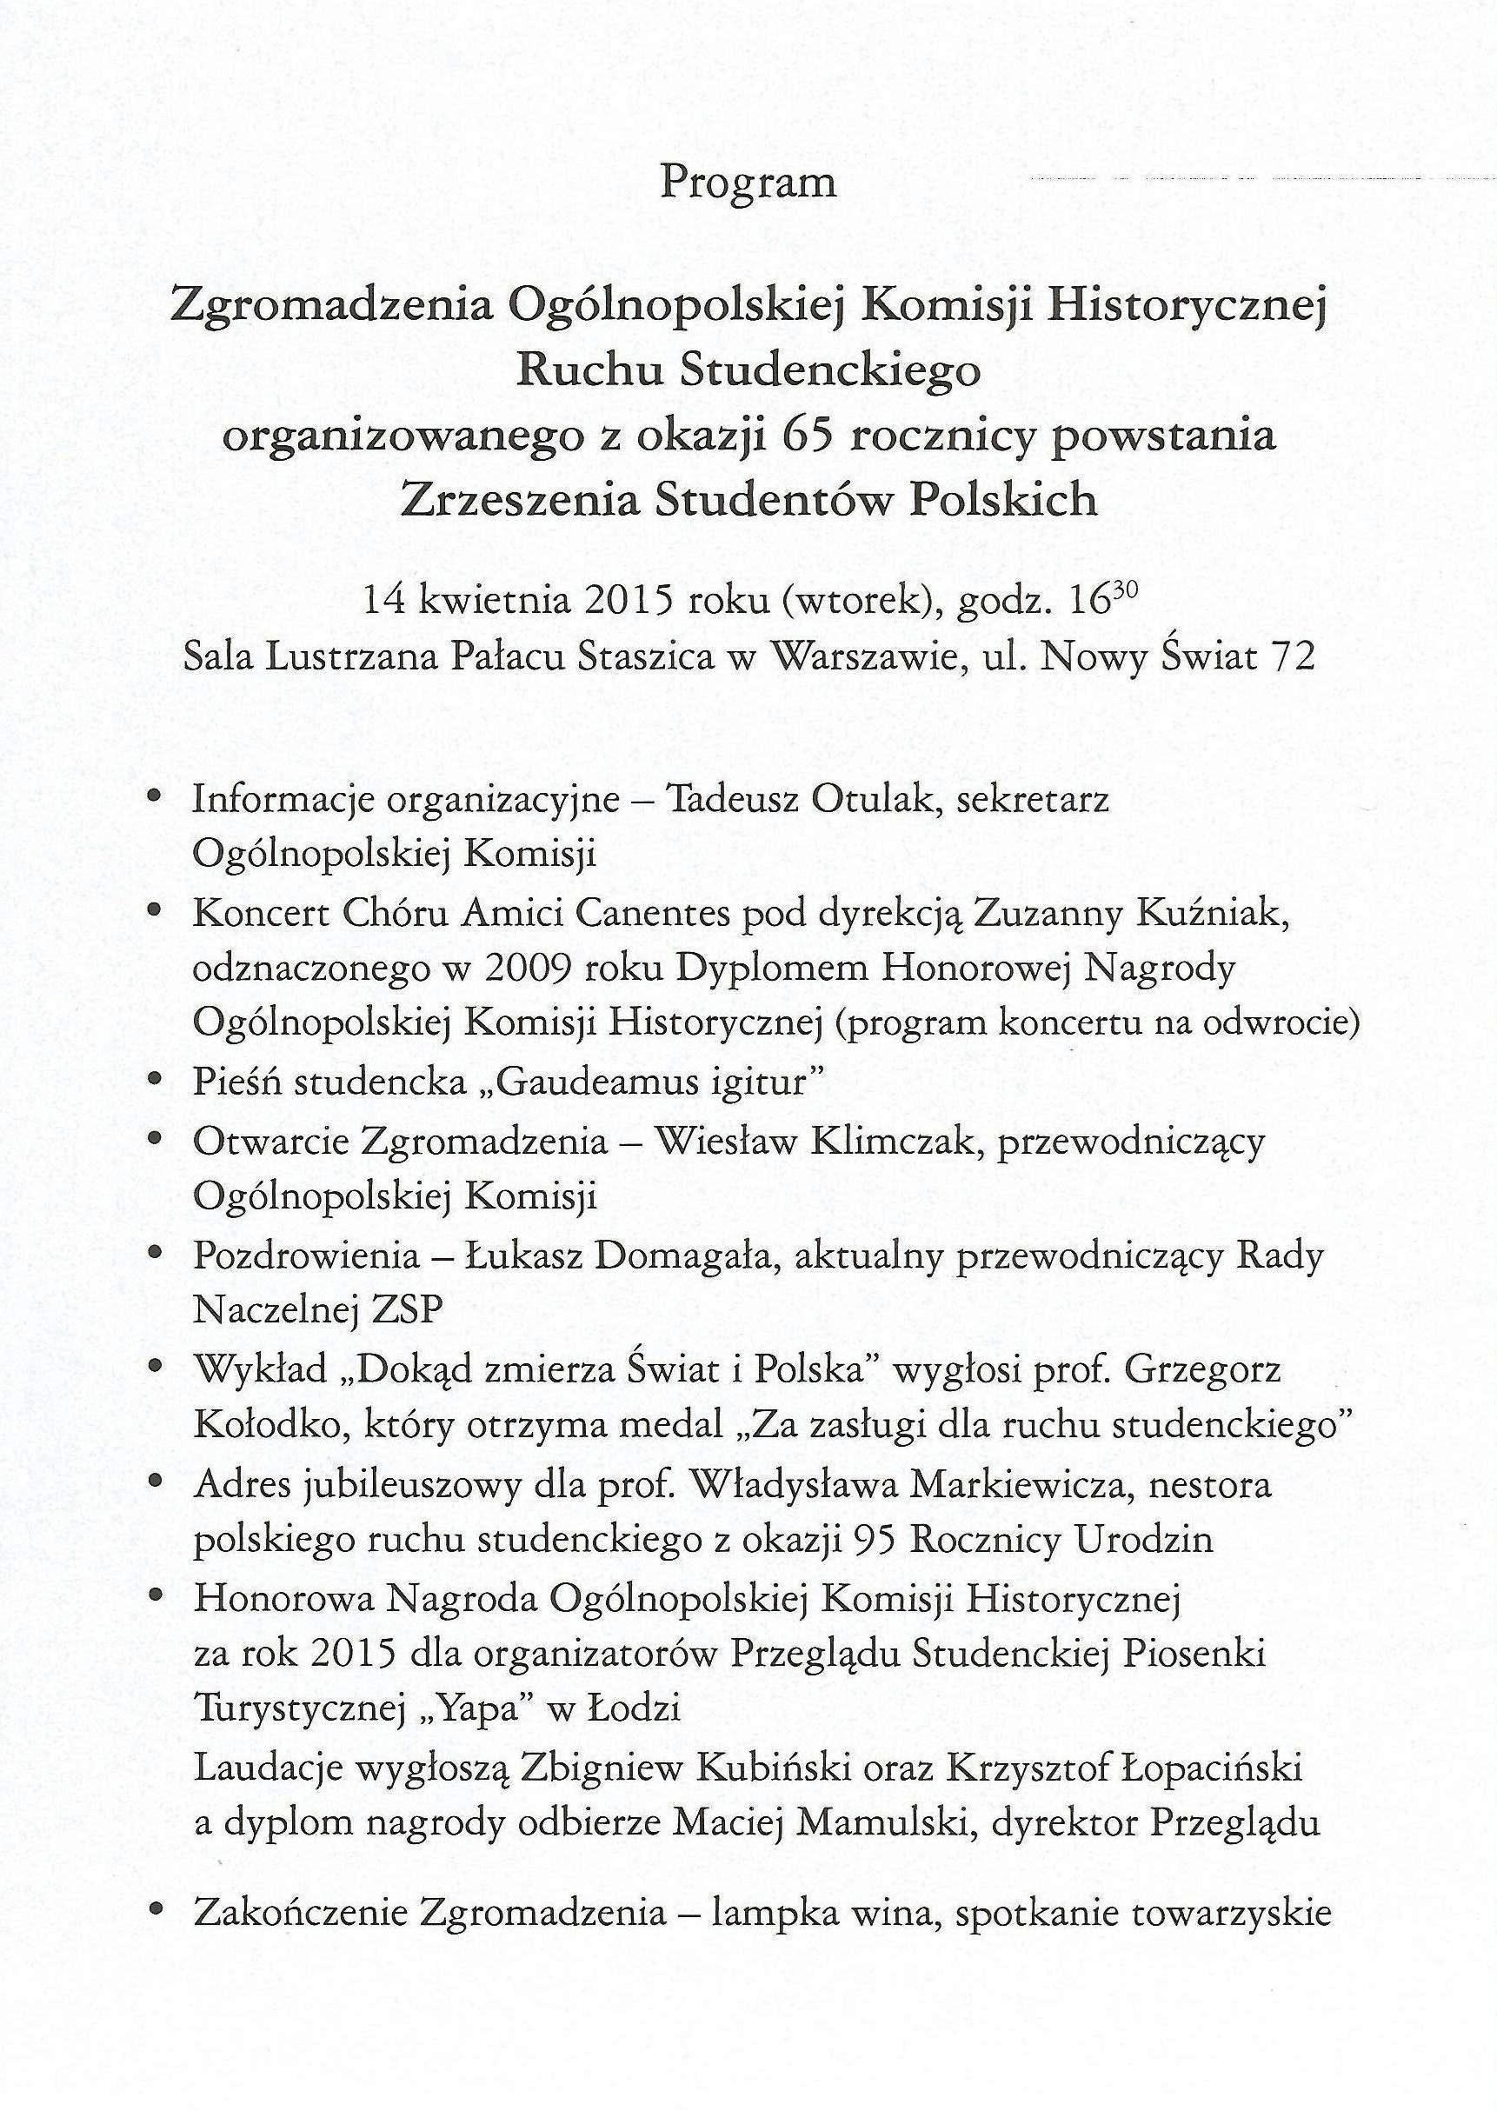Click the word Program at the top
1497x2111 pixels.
[x=748, y=183]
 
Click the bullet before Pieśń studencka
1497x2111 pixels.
[x=157, y=1081]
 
